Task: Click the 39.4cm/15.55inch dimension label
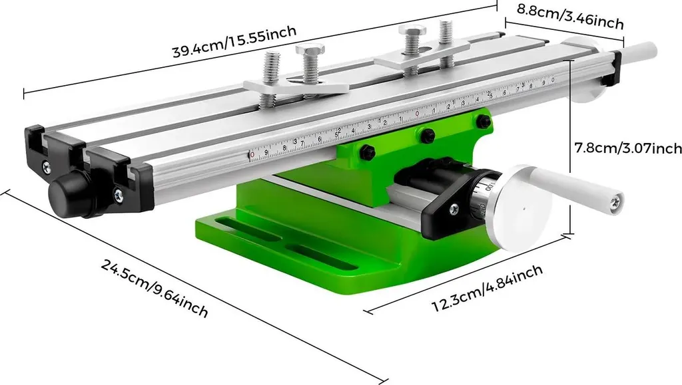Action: [x=234, y=42]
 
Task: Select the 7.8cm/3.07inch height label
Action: [x=628, y=148]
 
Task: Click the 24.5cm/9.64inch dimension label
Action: [x=155, y=287]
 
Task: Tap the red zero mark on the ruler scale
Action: [x=252, y=154]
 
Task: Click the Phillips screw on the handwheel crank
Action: [x=617, y=198]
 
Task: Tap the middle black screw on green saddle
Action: [x=427, y=135]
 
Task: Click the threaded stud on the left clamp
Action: [x=269, y=72]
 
